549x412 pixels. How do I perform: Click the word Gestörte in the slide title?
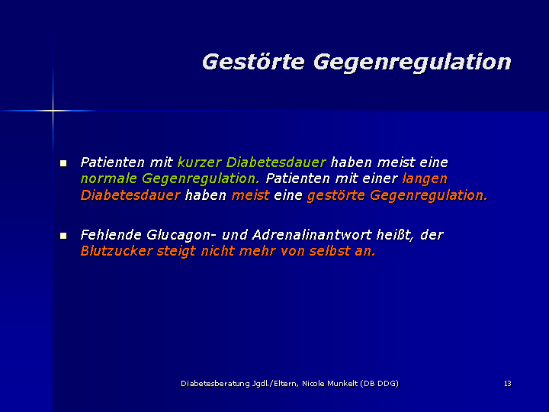pos(253,62)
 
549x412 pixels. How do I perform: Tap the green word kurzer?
pos(200,163)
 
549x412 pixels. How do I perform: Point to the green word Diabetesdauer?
pos(276,163)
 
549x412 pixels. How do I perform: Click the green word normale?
pos(108,179)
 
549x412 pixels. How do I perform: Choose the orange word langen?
pos(425,179)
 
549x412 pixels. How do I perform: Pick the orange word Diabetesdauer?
pos(130,195)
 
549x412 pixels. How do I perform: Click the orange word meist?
pos(250,195)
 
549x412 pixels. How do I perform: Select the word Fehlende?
pos(111,235)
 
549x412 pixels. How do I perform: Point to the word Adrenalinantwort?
pos(312,235)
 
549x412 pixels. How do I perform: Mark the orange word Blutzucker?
pos(117,251)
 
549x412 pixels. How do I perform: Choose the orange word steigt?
pos(176,252)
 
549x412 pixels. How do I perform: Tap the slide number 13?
pos(508,384)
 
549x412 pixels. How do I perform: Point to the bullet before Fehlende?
pos(63,236)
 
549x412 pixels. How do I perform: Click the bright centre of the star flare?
pos(53,111)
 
